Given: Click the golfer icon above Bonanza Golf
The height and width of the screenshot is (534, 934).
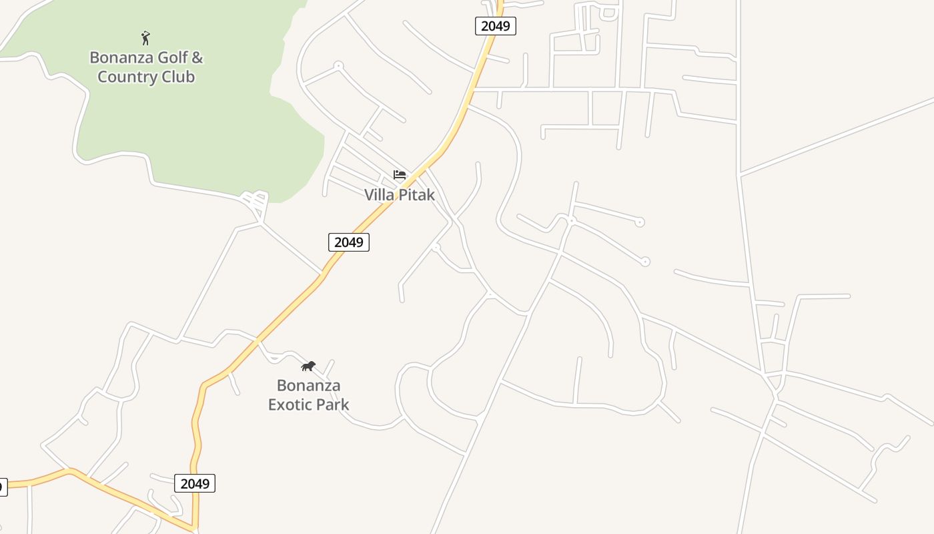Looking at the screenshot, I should point(145,38).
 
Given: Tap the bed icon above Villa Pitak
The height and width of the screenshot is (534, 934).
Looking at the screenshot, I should point(400,175).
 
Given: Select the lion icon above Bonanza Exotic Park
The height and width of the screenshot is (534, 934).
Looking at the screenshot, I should point(308,366).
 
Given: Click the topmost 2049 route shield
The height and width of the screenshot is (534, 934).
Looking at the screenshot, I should point(496,26).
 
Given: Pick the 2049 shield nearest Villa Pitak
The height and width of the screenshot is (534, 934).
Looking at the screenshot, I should point(348,242).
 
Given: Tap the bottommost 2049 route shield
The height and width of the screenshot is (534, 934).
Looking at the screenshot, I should point(195,483).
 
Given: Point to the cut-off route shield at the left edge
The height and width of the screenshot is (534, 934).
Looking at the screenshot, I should point(3,487).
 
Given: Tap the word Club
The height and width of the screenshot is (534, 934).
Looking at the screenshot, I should point(178,77).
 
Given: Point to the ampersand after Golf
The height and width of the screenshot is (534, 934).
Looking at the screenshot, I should point(197,57).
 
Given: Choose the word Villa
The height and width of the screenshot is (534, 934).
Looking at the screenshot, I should point(380,195).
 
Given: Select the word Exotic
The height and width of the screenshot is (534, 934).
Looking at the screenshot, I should point(292,405).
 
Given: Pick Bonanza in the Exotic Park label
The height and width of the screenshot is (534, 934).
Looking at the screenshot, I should point(308,386).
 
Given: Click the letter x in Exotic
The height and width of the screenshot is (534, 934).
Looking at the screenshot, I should point(281,405).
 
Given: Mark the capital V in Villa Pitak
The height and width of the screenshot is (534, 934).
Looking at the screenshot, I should point(369,195).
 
